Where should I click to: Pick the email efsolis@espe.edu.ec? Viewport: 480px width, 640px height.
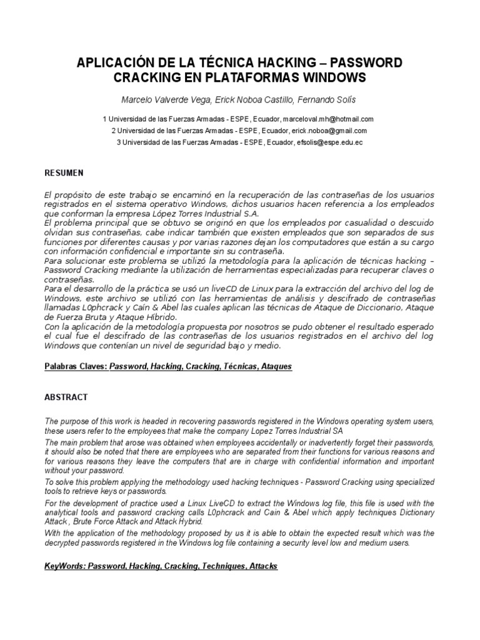[x=329, y=142]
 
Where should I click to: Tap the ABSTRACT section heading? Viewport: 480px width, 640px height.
[x=66, y=397]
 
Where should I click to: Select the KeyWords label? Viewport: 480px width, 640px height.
[x=64, y=566]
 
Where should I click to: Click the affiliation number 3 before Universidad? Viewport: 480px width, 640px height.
[x=119, y=142]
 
